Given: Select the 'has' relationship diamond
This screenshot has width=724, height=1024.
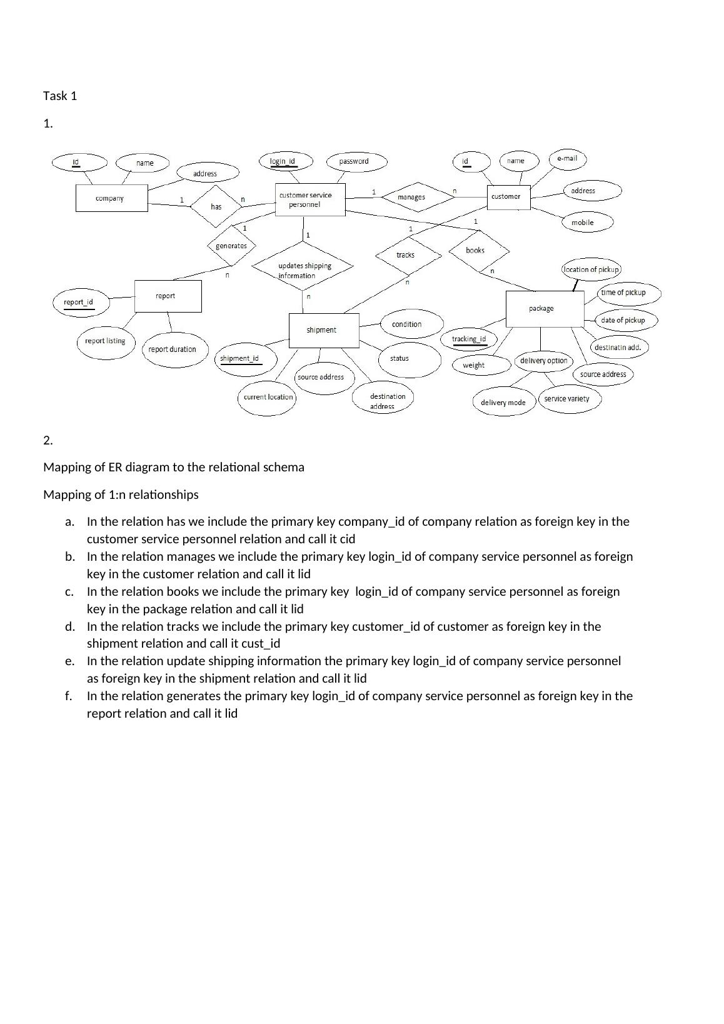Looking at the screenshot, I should click(x=216, y=206).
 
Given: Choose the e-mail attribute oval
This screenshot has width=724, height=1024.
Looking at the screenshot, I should click(x=567, y=159).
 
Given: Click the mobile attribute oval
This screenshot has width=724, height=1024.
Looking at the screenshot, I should click(x=582, y=223).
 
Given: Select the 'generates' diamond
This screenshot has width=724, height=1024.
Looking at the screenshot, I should click(x=231, y=246).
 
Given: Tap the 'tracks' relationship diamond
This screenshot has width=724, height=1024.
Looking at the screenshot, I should click(x=405, y=254).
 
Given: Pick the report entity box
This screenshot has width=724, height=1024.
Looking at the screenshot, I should click(x=168, y=296).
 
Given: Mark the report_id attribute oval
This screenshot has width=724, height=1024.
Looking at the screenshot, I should click(x=80, y=303).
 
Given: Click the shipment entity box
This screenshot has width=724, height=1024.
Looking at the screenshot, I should click(x=323, y=330).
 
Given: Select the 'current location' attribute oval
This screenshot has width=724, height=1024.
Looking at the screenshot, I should click(x=268, y=398).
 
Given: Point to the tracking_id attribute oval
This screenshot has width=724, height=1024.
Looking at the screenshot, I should click(x=469, y=339).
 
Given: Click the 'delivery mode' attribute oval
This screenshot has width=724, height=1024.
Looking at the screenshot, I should click(x=503, y=403).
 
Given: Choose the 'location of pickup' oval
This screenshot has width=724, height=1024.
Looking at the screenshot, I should click(x=591, y=270).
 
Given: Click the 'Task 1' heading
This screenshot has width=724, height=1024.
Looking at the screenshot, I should click(x=60, y=96).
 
